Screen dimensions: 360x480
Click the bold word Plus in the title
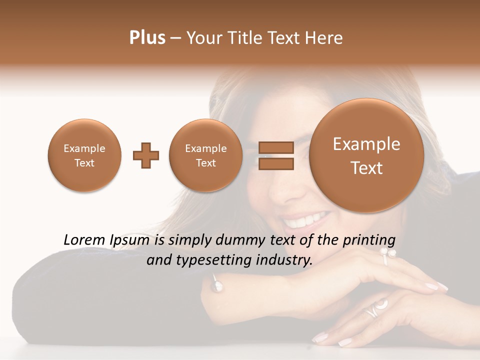[147, 37]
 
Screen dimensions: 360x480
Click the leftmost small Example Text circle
[84, 155]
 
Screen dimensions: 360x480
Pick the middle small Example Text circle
[205, 155]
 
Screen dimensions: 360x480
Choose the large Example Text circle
[366, 155]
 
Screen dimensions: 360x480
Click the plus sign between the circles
[145, 155]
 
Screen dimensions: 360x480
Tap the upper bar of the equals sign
[275, 147]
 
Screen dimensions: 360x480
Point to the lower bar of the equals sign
[275, 163]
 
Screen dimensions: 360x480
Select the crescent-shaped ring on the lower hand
[376, 308]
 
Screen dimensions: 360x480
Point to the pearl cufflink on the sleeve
[217, 285]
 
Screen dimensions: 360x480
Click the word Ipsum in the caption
[129, 240]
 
